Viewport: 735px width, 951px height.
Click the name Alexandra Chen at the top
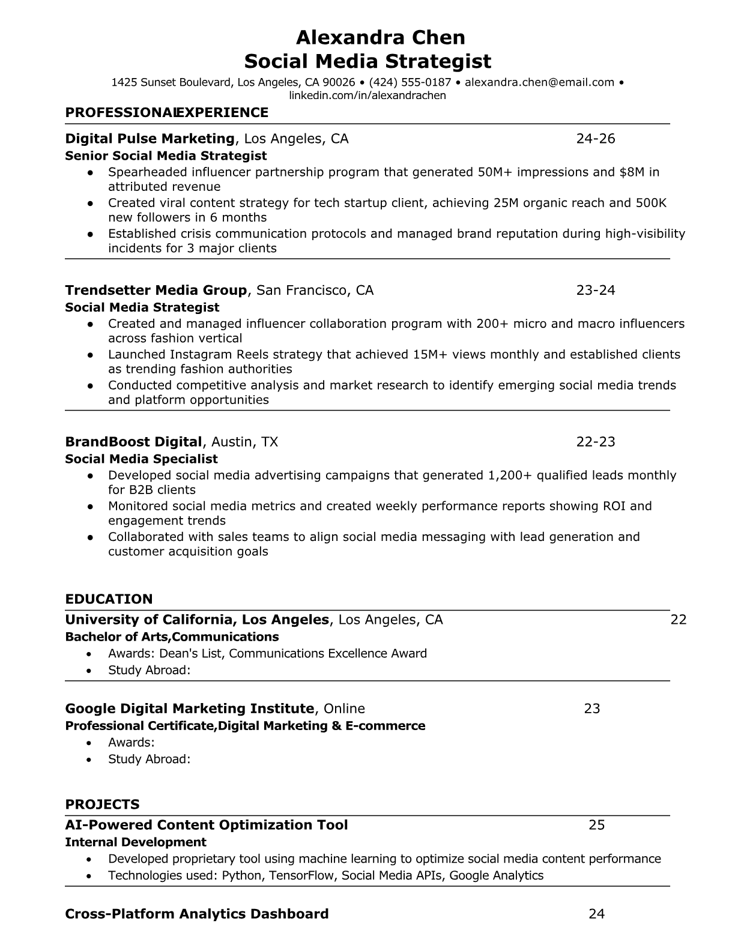pos(380,38)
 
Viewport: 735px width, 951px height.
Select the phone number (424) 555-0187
pos(410,82)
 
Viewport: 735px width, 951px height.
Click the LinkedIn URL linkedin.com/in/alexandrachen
pos(367,95)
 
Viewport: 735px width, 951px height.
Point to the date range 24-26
pos(596,139)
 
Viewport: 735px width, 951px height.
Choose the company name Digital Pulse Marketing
pos(150,139)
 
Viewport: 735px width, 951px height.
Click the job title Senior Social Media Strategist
pos(166,156)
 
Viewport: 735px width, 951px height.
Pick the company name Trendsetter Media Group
pos(156,291)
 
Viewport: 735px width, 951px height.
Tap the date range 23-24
pos(596,291)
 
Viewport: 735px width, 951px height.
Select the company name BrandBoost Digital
pos(133,442)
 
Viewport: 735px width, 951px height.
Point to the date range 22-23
pos(596,442)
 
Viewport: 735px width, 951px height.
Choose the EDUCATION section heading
pos(109,599)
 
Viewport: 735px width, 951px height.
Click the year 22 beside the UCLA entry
pos(678,620)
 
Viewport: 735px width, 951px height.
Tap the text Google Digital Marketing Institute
pos(189,708)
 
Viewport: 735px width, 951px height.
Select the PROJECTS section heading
pos(102,805)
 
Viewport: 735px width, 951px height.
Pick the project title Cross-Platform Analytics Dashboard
pos(196,914)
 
